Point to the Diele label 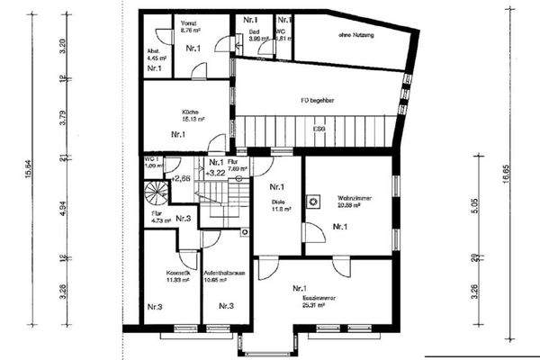click(x=276, y=202)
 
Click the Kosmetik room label click(x=166, y=274)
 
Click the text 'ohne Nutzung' click(x=356, y=35)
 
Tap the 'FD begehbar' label click(x=312, y=101)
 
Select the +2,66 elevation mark click(x=180, y=178)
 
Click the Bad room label click(x=254, y=32)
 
